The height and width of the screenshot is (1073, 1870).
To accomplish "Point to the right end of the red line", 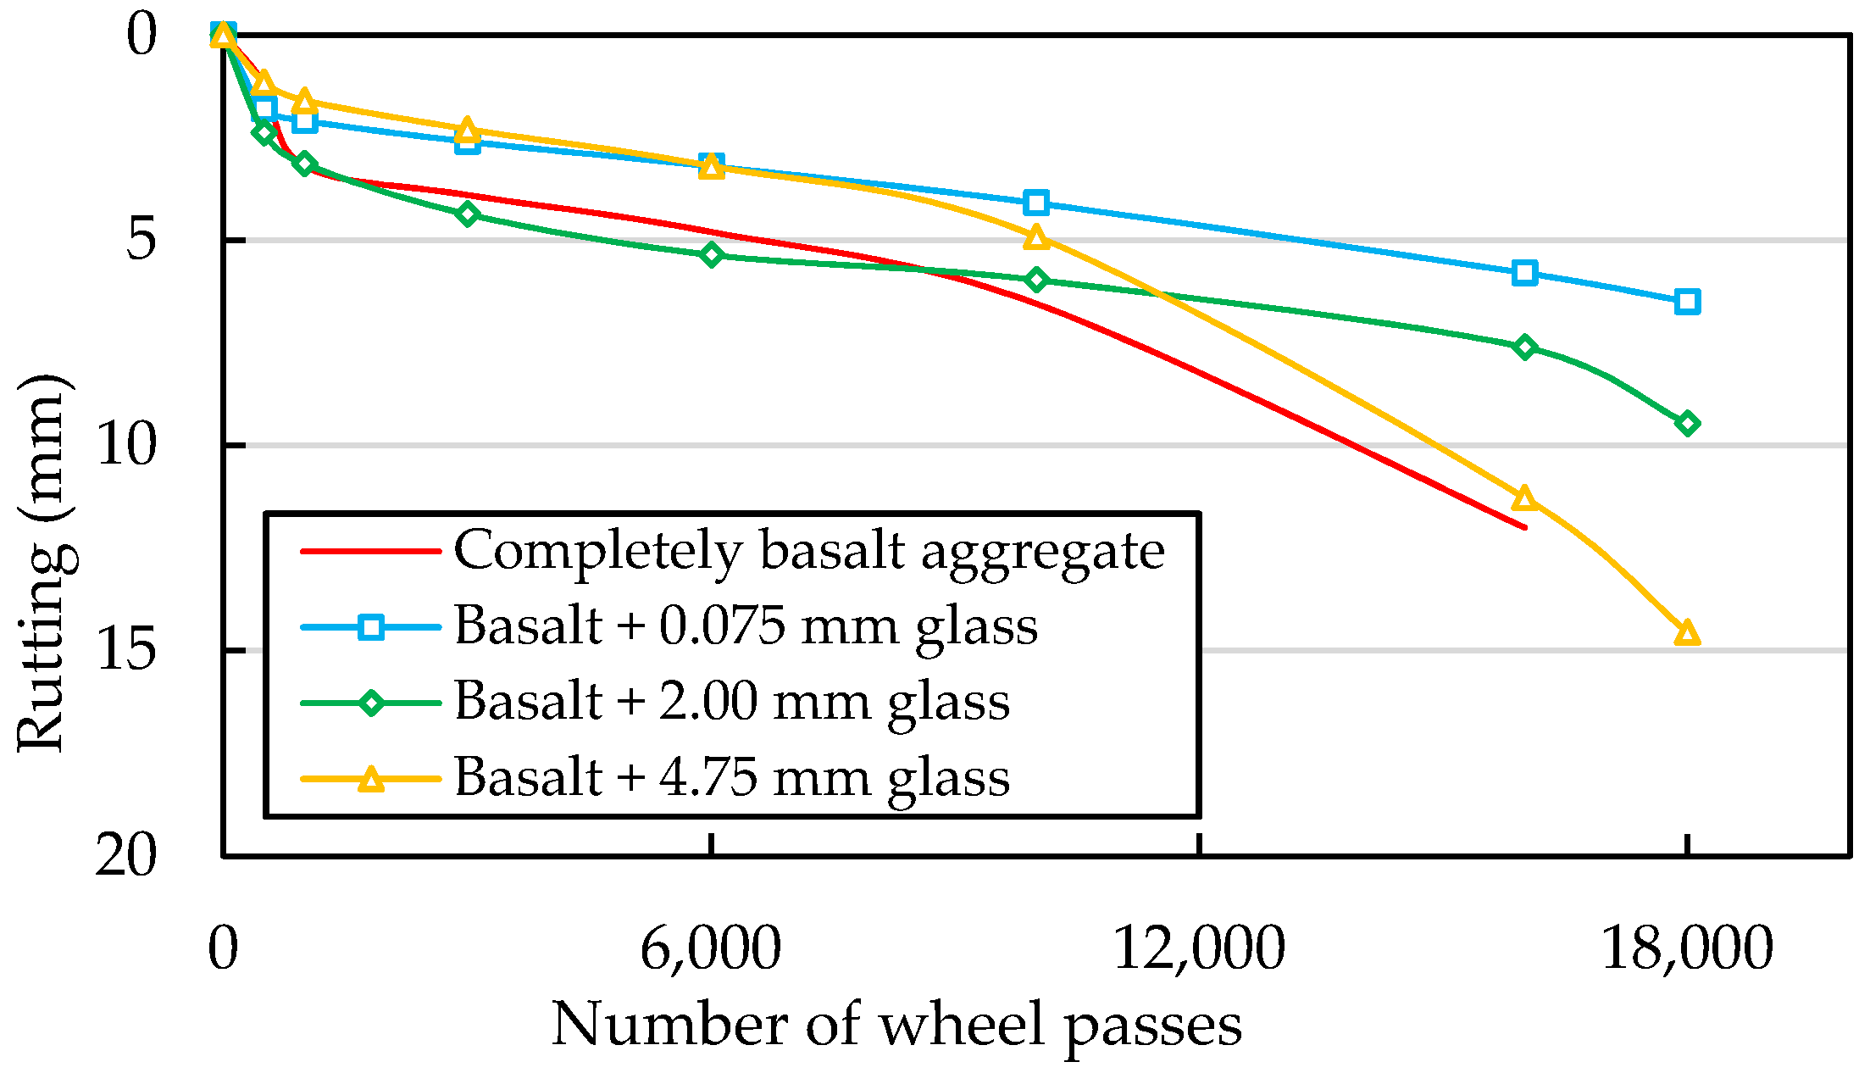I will [1525, 528].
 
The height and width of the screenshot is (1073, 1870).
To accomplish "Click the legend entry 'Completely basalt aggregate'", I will [809, 551].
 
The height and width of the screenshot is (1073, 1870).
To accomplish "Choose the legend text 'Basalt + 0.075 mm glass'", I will [746, 626].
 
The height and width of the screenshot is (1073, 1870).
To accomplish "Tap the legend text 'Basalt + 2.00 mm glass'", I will [732, 702].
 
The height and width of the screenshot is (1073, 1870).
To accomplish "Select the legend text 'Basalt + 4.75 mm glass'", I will [732, 776].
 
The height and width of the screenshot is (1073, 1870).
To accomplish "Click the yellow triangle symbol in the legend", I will [371, 778].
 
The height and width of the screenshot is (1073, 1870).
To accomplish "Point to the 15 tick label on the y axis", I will [127, 651].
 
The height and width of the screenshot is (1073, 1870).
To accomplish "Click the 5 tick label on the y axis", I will [141, 241].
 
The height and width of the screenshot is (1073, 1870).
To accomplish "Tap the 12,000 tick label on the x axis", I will [1198, 948].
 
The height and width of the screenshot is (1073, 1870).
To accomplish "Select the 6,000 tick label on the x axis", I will [710, 948].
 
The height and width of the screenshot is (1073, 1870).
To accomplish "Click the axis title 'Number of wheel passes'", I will [896, 1025].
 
